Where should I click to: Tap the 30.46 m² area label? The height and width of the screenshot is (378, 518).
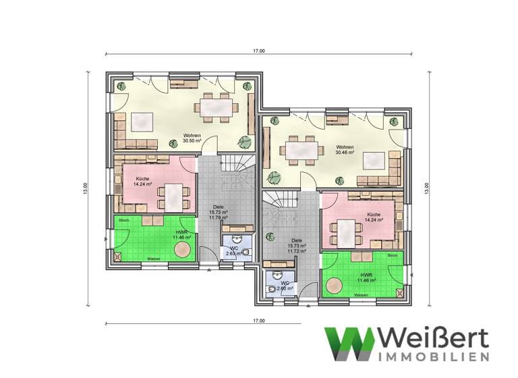pyautogui.click(x=345, y=153)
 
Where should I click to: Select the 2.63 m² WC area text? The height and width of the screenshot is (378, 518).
pyautogui.click(x=234, y=254)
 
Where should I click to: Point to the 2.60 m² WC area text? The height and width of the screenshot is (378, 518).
pyautogui.click(x=285, y=288)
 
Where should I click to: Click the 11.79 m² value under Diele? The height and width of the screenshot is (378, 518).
pyautogui.click(x=219, y=217)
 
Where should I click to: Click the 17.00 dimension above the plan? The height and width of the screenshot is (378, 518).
pyautogui.click(x=259, y=51)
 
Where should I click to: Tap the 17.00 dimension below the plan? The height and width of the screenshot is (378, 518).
pyautogui.click(x=259, y=321)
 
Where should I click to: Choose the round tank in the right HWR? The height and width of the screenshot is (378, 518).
pyautogui.click(x=333, y=286)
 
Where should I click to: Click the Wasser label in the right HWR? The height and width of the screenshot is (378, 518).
pyautogui.click(x=361, y=295)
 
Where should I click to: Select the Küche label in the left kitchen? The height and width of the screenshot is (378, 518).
pyautogui.click(x=142, y=177)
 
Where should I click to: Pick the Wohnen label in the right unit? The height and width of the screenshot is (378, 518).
pyautogui.click(x=345, y=146)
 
